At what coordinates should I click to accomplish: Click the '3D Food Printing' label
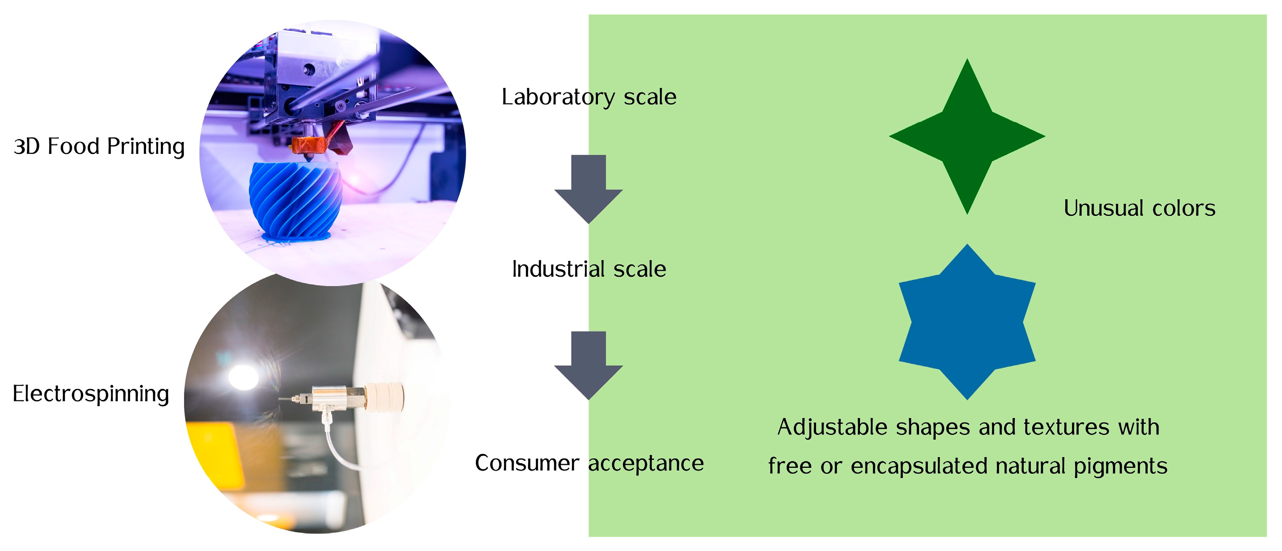(x=99, y=147)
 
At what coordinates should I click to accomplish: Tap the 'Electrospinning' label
(x=91, y=394)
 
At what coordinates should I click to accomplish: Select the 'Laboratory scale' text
(x=589, y=97)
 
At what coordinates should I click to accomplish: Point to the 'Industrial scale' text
(x=589, y=269)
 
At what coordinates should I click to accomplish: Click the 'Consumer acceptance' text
(x=589, y=463)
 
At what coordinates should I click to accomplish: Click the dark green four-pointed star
(x=967, y=136)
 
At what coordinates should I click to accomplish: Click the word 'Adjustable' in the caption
(x=832, y=427)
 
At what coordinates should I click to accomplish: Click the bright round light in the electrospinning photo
(x=243, y=376)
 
